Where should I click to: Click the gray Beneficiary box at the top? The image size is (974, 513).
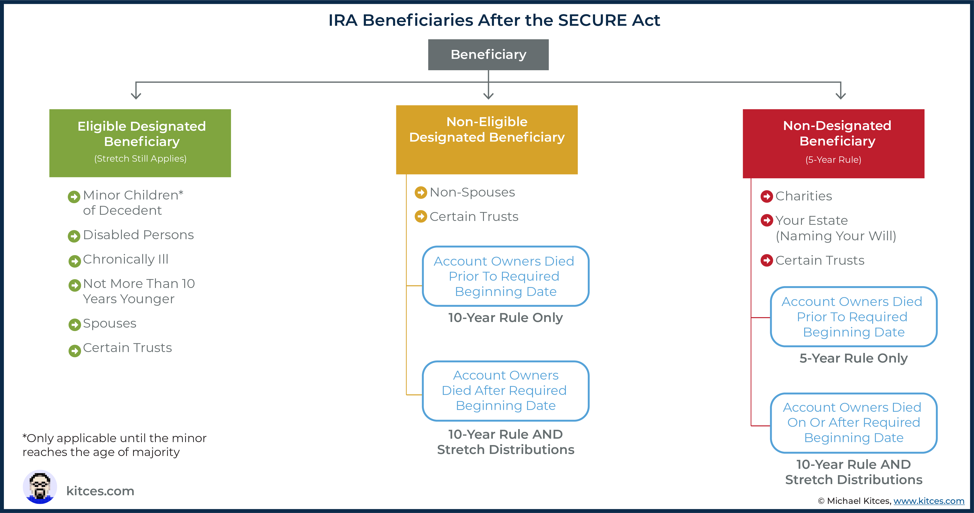(x=488, y=55)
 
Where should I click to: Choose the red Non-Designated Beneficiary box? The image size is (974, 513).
(x=833, y=144)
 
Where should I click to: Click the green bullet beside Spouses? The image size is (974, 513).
(x=74, y=324)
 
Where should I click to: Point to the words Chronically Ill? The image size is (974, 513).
(x=126, y=259)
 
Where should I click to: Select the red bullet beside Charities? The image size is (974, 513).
(x=767, y=197)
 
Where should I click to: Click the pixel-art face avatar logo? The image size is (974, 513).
(x=40, y=487)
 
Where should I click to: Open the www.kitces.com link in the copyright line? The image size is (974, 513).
(x=929, y=501)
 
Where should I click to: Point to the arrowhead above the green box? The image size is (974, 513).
(x=136, y=95)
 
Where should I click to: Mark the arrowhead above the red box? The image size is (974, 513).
(x=840, y=95)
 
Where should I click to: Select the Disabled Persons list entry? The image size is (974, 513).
(x=138, y=235)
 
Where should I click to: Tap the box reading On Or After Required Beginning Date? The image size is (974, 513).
(x=853, y=423)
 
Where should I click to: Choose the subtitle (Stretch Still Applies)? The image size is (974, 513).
(x=140, y=159)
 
